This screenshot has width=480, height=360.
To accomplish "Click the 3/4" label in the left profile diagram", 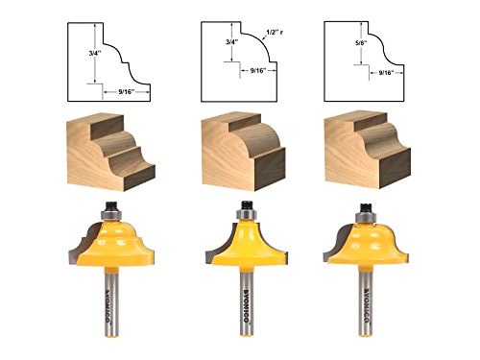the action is pos(95,53).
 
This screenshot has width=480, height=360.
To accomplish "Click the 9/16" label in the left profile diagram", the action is pos(126,92).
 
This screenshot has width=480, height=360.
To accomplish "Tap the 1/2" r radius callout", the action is pos(275,33).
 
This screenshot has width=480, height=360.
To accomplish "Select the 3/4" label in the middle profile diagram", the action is pos(230,42).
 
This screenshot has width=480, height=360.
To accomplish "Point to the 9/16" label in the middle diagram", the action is pos(258,71).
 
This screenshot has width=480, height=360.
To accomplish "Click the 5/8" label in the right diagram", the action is pos(361,42).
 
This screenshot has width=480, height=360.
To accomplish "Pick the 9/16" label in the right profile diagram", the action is pos(386,73).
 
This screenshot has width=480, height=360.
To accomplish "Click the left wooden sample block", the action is pos(111,152).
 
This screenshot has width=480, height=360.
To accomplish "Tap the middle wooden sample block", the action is pos(244,151).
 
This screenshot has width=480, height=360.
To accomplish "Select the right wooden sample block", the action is pos(368,150).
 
